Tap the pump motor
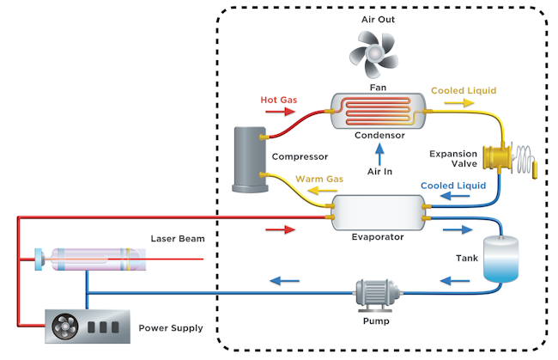point(376,293)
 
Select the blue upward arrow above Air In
point(379,153)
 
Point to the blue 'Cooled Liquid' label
point(453,185)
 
